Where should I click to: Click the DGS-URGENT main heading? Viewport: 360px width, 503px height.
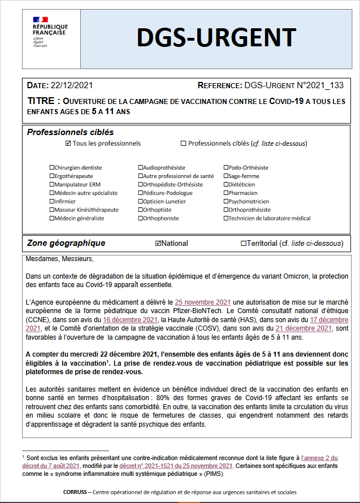coord(216,38)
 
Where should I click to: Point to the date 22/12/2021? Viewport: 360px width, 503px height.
coord(72,86)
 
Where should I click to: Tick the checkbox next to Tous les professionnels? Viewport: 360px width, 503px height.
coord(68,144)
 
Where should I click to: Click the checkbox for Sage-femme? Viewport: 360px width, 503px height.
coord(226,176)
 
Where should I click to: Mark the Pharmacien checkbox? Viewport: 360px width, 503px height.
coord(226,193)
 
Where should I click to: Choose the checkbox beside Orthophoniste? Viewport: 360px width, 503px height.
coord(140,219)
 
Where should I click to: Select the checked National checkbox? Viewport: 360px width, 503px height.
coord(158,244)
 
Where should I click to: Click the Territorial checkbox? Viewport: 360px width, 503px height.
coord(243,244)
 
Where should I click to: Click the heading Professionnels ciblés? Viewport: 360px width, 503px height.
coord(70,132)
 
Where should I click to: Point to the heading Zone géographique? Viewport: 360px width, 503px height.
coord(66,244)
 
